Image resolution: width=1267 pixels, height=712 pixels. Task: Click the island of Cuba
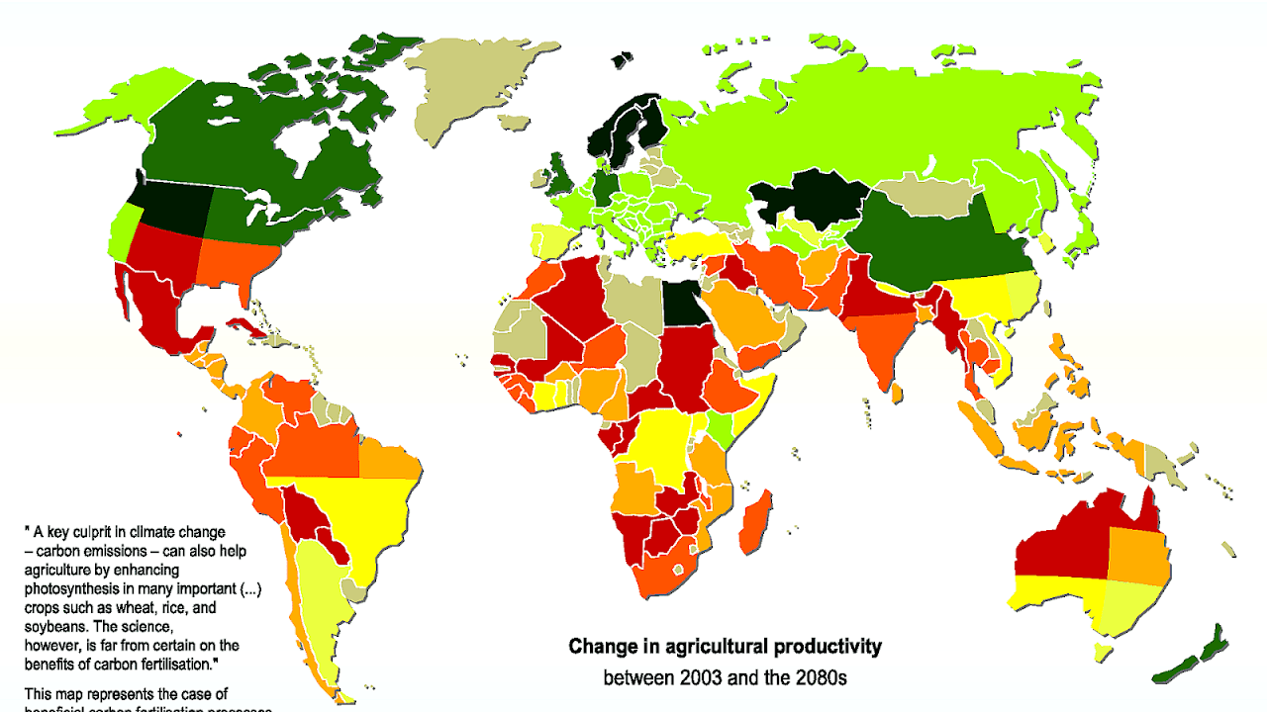click(x=247, y=329)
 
